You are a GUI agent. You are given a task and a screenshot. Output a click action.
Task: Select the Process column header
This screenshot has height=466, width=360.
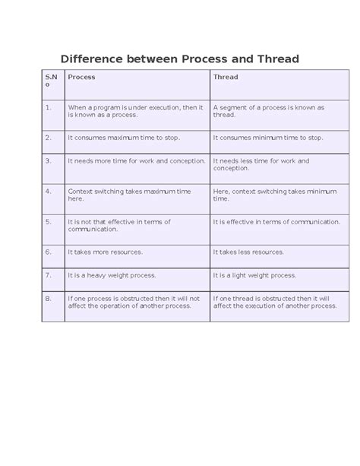81,77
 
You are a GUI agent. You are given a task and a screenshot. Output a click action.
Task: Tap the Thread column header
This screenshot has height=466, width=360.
226,77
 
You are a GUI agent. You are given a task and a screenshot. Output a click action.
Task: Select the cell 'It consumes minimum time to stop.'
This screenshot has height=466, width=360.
268,138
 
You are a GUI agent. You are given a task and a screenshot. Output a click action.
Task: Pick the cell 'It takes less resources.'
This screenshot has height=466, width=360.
249,251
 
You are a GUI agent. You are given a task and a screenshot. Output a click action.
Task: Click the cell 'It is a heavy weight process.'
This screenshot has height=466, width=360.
111,275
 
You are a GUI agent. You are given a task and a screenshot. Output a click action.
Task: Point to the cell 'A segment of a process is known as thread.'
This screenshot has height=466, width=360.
269,111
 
